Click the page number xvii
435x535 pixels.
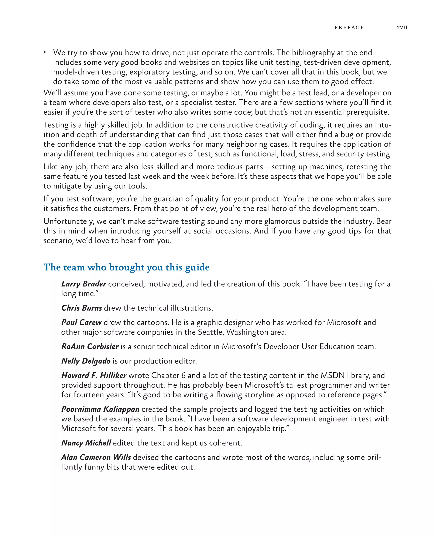pyautogui.click(x=402, y=27)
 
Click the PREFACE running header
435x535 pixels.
pyautogui.click(x=349, y=28)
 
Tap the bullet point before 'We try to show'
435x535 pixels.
pyautogui.click(x=45, y=52)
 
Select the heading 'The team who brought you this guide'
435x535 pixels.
pyautogui.click(x=127, y=267)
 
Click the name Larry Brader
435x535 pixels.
pyautogui.click(x=84, y=284)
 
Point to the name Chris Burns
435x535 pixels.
pyautogui.click(x=81, y=308)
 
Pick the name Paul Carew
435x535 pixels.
pyautogui.click(x=81, y=322)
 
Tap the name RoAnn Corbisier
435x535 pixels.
pyautogui.click(x=90, y=346)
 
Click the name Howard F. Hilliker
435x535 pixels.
pyautogui.click(x=94, y=375)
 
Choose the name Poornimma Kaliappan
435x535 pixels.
pyautogui.click(x=100, y=409)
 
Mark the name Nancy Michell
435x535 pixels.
pyautogui.click(x=86, y=443)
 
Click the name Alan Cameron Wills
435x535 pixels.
pyautogui.click(x=96, y=457)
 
